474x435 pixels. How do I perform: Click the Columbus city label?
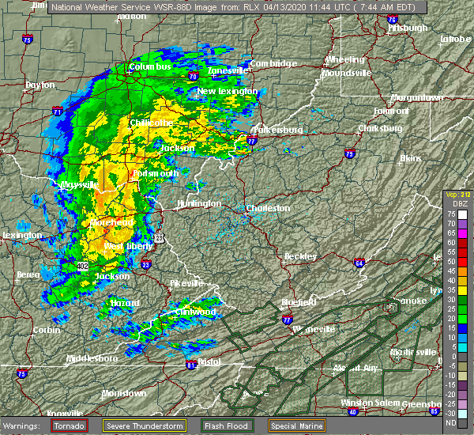tap(150, 67)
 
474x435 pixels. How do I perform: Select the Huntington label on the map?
tap(199, 203)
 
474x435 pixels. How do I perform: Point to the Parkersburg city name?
tap(276, 129)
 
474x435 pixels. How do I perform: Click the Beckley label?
tap(301, 256)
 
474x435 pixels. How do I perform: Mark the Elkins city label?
tap(410, 158)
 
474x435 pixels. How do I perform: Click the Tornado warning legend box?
tap(70, 426)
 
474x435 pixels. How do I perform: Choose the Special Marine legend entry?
tap(295, 426)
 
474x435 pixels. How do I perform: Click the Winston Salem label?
tap(367, 403)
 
